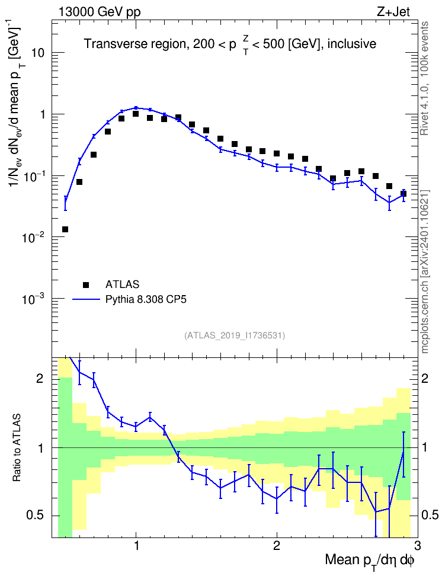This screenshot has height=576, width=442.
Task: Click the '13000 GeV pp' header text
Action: pos(99,12)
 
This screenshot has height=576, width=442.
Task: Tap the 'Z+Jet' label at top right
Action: pos(393,12)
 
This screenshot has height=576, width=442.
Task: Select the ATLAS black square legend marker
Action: pos(86,284)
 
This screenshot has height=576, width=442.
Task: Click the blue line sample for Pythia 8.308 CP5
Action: pos(86,300)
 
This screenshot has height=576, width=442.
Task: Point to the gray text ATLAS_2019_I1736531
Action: pos(235,335)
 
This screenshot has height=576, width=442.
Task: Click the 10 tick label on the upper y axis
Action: pos(37,53)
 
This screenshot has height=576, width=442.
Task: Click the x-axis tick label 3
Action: pos(417,545)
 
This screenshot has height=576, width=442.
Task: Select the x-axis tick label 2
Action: pos(277,545)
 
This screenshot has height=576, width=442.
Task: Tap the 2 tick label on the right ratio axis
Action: pos(425,378)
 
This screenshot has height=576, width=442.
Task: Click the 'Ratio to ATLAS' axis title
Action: pos(17,448)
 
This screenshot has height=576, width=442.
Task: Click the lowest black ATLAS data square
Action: pos(65,229)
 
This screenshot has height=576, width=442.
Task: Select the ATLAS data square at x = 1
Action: pos(136,114)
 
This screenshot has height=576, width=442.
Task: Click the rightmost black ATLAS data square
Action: pos(403,194)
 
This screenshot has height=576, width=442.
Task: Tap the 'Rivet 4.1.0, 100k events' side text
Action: pos(425,78)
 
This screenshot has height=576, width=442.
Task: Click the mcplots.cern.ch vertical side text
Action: pos(425,272)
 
